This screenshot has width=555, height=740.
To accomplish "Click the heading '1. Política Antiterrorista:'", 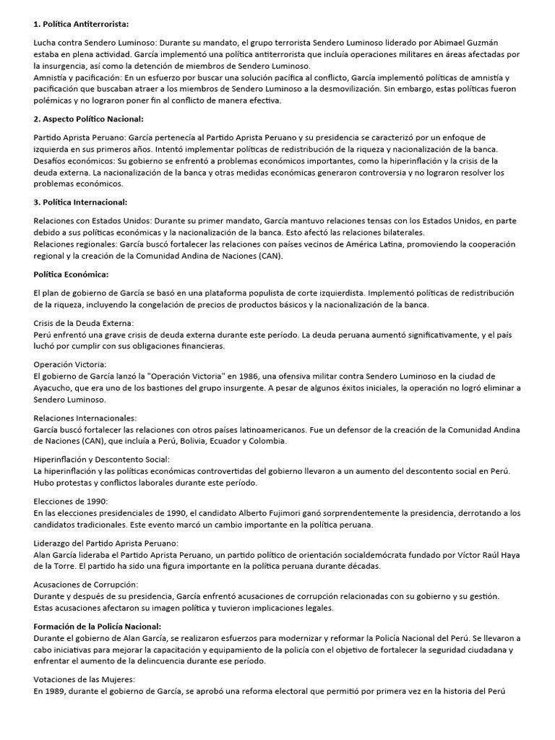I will [81, 24].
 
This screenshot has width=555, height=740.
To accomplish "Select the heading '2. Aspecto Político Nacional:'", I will [89, 119].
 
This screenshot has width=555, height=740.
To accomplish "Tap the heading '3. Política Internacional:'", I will [80, 202].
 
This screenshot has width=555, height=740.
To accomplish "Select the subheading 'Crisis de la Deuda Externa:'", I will [83, 322].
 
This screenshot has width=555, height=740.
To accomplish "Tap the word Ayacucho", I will [55, 388].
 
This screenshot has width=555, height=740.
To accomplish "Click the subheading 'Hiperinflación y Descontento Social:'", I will [102, 459].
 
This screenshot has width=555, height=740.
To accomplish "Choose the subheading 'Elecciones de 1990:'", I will [71, 501].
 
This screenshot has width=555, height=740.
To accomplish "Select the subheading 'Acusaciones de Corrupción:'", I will [86, 583].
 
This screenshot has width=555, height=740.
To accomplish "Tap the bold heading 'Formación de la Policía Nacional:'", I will [98, 626].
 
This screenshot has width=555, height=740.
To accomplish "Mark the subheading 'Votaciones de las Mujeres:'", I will [85, 679].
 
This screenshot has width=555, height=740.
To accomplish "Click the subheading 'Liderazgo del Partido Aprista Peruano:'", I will [106, 542].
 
